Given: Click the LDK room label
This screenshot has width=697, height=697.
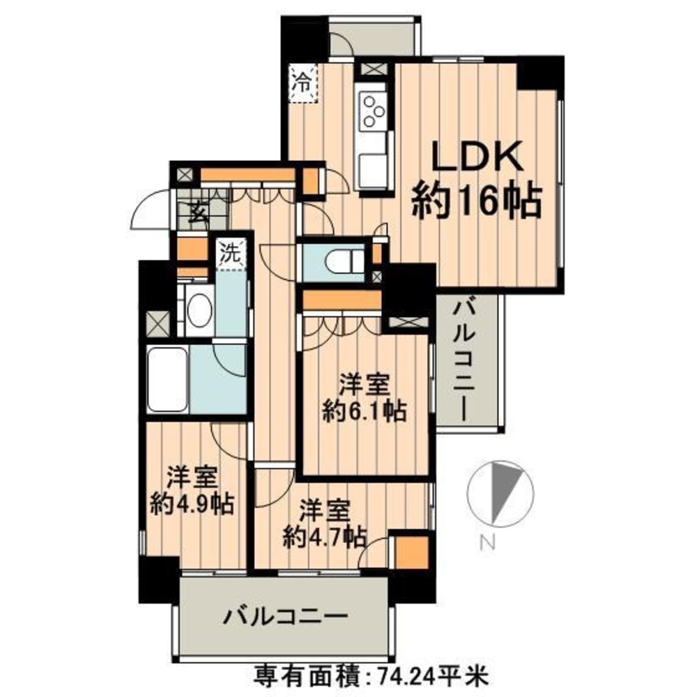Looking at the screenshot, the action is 478,157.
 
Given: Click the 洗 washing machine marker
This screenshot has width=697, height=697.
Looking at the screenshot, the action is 231,254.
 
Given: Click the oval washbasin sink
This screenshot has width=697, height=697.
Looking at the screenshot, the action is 199,310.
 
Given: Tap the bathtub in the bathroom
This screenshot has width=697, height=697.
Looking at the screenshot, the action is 167,379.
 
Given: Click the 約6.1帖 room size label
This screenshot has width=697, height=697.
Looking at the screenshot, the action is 364,411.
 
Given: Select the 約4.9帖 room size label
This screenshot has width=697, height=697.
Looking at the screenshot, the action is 192,504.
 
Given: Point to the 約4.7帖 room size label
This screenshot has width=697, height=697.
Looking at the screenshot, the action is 325,537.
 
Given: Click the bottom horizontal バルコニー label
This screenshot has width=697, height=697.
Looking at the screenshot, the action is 285,617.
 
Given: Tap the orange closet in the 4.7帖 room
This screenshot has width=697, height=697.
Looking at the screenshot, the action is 412,553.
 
